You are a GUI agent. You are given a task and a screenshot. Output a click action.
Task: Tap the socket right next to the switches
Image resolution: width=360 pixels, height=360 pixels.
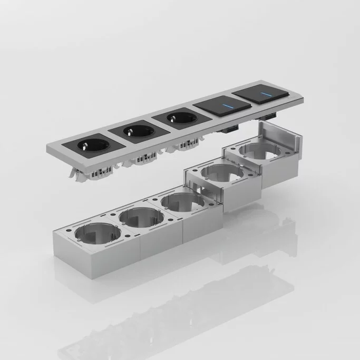(177, 116)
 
